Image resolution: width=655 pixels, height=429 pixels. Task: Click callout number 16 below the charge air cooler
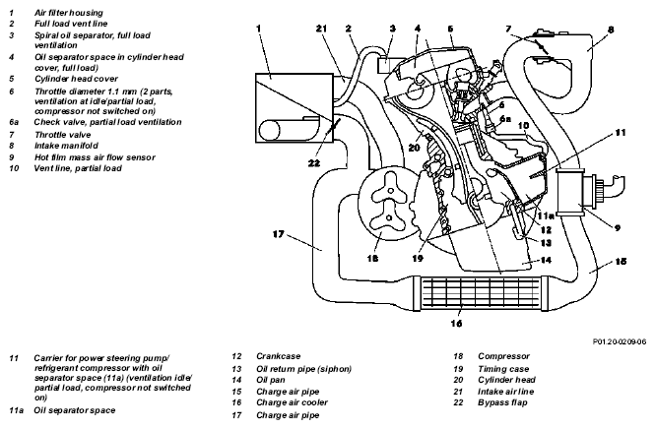(456, 323)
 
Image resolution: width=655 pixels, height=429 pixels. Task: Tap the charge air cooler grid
(480, 294)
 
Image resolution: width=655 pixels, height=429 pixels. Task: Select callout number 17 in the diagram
(278, 234)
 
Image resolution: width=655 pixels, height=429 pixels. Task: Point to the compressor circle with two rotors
(388, 204)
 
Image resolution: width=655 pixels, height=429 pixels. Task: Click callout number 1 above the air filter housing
(259, 29)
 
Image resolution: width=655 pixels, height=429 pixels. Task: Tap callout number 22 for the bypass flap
(314, 162)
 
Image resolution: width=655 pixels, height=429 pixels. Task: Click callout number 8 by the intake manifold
(611, 30)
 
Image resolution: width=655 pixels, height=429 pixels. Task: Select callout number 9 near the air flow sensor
(618, 227)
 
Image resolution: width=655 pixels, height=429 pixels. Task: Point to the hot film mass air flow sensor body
(570, 192)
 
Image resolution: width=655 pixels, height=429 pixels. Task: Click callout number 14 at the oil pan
(546, 260)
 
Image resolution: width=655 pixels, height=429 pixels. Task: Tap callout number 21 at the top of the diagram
(321, 29)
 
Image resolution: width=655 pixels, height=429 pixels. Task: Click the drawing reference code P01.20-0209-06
(620, 341)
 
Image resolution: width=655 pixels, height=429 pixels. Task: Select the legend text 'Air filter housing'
(69, 13)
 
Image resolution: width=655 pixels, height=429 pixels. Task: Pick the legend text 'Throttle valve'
(63, 135)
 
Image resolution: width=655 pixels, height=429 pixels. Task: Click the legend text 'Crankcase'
(278, 356)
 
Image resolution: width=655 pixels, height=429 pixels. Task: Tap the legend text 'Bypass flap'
(502, 402)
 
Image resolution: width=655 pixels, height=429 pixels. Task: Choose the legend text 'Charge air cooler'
(292, 402)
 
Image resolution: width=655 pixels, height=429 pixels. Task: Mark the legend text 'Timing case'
(503, 369)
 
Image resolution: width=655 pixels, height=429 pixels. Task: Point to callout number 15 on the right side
(621, 262)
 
